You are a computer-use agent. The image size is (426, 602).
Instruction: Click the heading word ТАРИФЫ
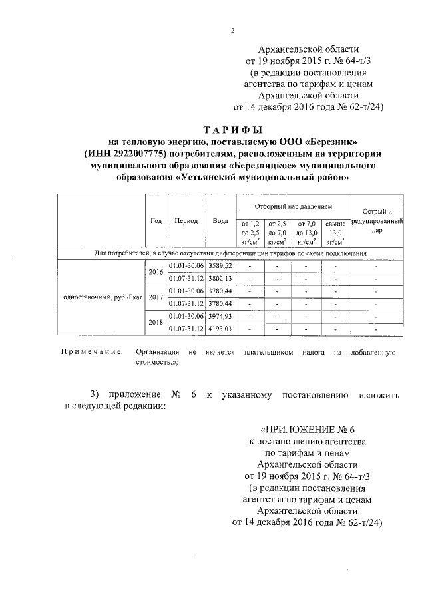tap(234, 129)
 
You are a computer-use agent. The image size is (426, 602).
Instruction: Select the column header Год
tap(156, 220)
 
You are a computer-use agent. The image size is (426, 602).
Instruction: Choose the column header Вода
tap(220, 220)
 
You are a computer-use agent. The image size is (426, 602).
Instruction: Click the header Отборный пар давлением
tap(294, 207)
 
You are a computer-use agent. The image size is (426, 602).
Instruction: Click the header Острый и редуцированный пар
tap(377, 221)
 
